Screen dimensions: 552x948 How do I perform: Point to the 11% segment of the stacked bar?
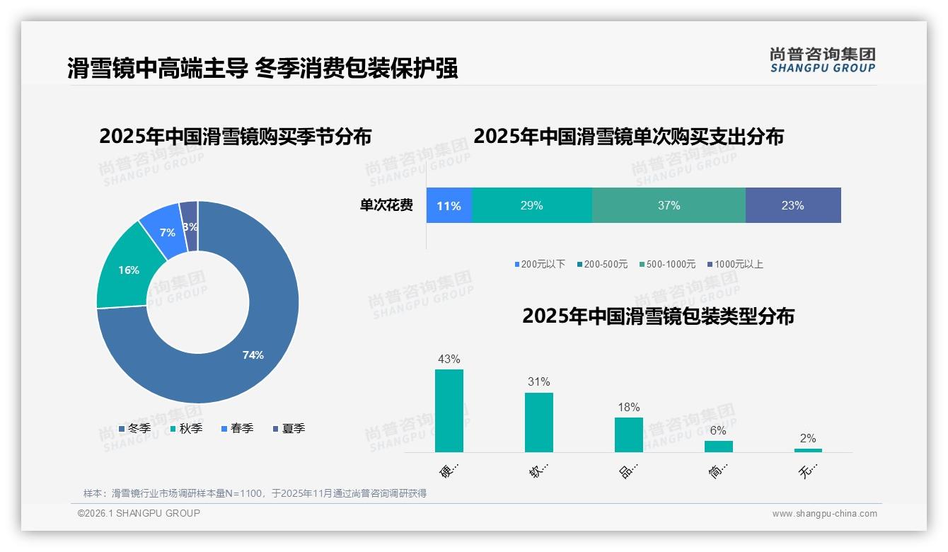(x=449, y=206)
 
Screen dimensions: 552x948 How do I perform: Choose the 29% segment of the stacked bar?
(x=531, y=206)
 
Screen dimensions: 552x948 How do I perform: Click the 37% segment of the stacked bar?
(x=669, y=206)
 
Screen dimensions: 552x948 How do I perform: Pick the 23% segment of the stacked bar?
(x=792, y=206)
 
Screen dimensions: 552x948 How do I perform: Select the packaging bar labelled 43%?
(x=449, y=410)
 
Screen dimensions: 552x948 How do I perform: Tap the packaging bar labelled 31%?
(x=538, y=422)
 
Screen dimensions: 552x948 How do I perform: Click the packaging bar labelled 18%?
(x=628, y=435)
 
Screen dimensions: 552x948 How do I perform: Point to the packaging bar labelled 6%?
(x=718, y=447)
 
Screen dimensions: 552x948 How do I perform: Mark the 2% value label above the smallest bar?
(x=808, y=438)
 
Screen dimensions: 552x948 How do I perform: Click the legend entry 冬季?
(x=134, y=428)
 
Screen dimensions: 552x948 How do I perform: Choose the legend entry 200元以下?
(x=540, y=264)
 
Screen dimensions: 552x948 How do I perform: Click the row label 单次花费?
(x=386, y=206)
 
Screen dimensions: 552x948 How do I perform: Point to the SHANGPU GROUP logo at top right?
(x=822, y=60)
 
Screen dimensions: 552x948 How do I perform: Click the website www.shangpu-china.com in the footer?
(x=824, y=514)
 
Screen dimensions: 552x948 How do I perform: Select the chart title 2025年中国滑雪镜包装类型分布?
(x=658, y=316)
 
